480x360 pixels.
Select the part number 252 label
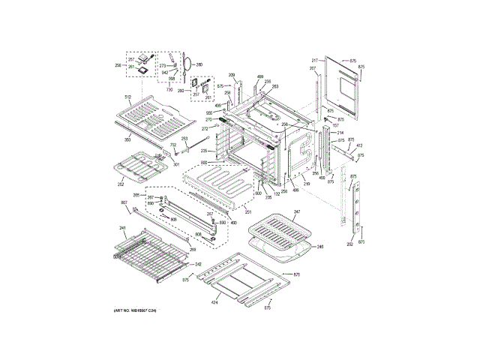(120, 184)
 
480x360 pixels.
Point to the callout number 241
(123, 227)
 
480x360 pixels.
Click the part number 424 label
(214, 303)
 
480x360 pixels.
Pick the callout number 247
(296, 213)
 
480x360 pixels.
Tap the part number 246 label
(319, 246)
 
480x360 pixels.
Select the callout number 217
(315, 59)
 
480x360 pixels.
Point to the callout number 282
(349, 244)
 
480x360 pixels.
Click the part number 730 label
(169, 89)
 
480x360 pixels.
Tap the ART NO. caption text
(135, 310)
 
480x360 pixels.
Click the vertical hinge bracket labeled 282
(355, 202)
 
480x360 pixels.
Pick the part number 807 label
(124, 203)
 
